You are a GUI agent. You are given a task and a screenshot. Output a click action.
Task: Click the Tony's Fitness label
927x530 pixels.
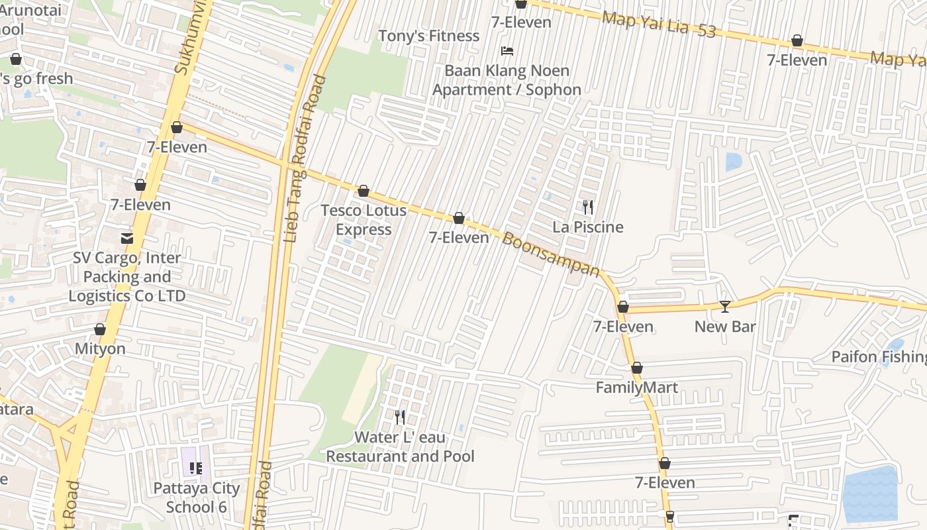pos(428,36)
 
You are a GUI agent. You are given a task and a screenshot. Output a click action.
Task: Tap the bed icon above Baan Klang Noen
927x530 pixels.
pos(507,50)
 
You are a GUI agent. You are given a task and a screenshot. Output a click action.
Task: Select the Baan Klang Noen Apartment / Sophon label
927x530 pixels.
pos(507,80)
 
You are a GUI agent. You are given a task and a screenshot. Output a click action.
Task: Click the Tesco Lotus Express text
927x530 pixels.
pos(364,220)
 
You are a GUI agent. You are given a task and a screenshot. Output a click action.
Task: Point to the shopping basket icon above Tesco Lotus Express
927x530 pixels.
pos(364,191)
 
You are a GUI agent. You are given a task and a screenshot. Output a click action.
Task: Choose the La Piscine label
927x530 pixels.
pos(588,227)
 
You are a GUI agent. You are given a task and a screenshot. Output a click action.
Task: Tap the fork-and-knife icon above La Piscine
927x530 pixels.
pos(588,207)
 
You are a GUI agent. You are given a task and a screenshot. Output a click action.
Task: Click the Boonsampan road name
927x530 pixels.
pos(551,255)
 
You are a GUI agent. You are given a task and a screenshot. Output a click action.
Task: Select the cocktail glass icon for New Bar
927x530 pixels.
pos(725,306)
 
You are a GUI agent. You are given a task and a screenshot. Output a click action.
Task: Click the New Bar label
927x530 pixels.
pos(725,327)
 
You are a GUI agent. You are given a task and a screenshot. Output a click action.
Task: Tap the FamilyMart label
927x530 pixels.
pos(637,388)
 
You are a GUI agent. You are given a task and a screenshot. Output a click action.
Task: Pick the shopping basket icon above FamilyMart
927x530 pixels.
pos(637,368)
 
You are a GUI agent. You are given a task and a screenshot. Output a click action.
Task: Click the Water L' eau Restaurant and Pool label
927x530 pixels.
pos(400,447)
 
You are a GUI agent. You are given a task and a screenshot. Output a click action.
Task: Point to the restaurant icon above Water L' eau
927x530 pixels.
pos(400,417)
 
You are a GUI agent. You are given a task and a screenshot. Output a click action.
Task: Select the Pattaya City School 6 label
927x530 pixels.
pos(197,498)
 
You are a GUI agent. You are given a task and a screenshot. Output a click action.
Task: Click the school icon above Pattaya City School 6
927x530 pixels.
pos(196,468)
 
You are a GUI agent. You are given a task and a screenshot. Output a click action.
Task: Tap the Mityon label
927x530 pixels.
pos(100,349)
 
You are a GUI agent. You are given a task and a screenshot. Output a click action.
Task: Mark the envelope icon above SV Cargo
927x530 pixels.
pos(126,238)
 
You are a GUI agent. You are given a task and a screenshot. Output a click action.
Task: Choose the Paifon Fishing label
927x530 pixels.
pos(879,357)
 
